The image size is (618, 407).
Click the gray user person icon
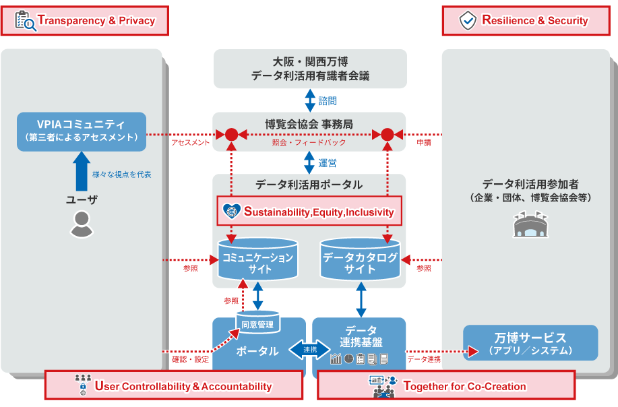tap(82, 224)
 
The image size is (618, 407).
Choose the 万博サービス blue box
tap(530, 343)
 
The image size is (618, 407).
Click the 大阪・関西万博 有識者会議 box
tap(310, 69)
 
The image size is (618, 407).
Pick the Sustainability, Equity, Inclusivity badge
tap(311, 212)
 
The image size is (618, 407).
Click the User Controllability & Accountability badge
tap(175, 386)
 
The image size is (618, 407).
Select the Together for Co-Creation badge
tap(445, 386)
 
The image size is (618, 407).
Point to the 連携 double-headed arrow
tap(309, 350)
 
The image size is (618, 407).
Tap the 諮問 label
tap(328, 101)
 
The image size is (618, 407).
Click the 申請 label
tap(424, 143)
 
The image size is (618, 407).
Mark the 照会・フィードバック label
tap(309, 143)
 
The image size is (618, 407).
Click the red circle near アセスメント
tap(231, 134)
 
